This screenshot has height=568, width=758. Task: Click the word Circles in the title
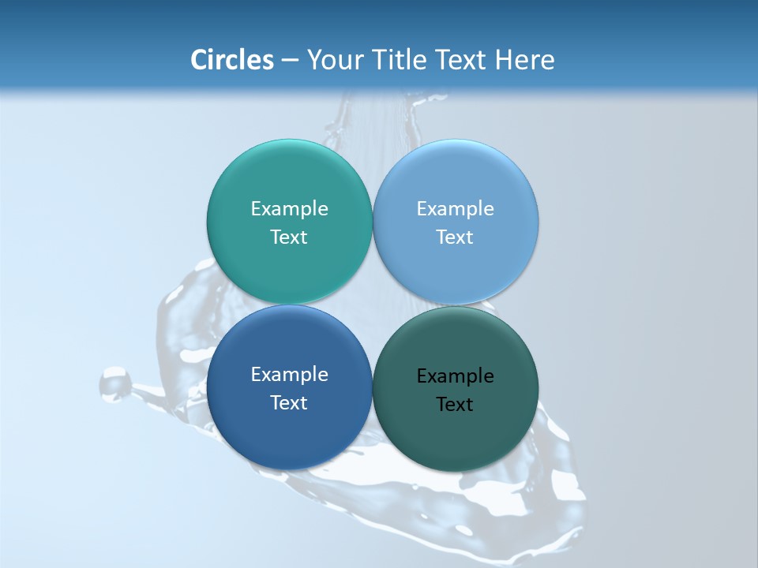tap(232, 60)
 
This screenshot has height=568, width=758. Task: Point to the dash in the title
tap(290, 61)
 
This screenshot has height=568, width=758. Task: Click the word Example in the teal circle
tap(289, 209)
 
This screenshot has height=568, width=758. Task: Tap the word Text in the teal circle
tap(289, 237)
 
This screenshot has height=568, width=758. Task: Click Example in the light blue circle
tap(455, 209)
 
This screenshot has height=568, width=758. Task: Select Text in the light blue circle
tap(455, 237)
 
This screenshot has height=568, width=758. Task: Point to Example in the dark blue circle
tap(289, 375)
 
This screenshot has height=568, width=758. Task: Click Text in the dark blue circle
tap(289, 403)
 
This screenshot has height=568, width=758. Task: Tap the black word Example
tap(455, 376)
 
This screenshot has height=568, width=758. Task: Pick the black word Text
tap(455, 405)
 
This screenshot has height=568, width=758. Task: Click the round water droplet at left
tap(115, 383)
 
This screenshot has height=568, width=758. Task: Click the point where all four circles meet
tap(373, 305)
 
